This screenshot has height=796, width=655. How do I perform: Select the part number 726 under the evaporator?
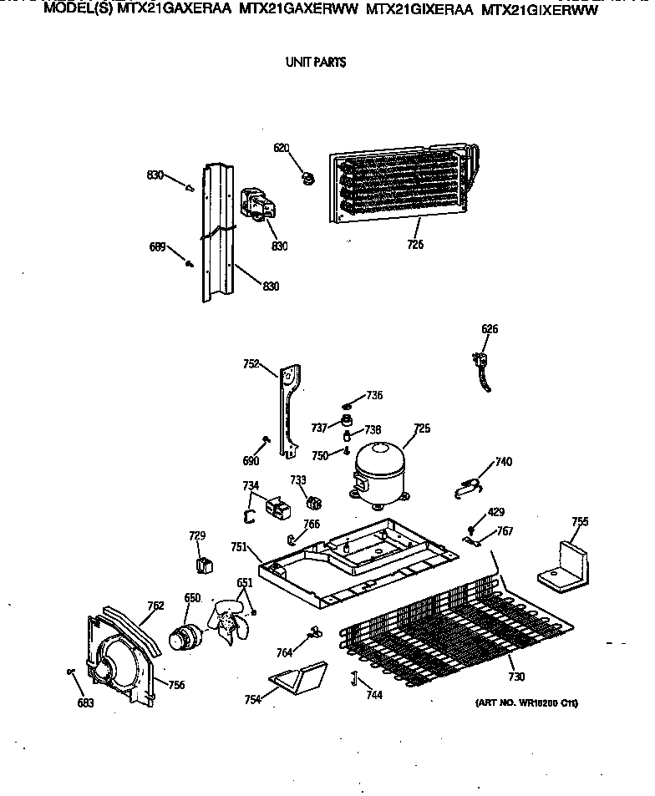[415, 245]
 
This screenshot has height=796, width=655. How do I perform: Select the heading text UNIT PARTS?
[316, 62]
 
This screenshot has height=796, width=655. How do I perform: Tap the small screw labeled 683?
[71, 671]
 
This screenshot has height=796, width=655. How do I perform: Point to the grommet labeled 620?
[307, 176]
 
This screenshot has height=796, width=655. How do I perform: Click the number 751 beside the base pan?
[239, 547]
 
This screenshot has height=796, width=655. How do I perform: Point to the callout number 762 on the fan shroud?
[155, 606]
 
